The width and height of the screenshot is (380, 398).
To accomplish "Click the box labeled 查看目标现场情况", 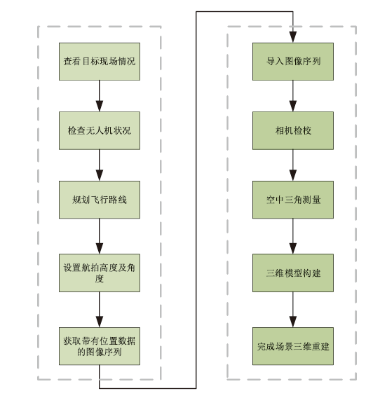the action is coord(100,62).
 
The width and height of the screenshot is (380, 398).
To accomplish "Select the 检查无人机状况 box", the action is coord(100,130).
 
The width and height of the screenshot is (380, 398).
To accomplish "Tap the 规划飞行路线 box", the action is coord(100,200).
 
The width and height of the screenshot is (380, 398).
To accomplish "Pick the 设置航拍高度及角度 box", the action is coord(100,273).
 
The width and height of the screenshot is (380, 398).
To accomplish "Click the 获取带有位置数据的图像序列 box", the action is coord(100,346).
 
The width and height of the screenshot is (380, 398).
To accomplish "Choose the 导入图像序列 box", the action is coord(293,62).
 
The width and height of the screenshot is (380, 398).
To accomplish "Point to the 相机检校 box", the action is coord(293,130).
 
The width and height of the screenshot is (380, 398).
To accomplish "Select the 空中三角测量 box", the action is coord(293,200).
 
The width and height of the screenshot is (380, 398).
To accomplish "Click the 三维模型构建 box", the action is coord(293,273).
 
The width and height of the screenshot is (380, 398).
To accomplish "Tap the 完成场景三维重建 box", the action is coord(293,346).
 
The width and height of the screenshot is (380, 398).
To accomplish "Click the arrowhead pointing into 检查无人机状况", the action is coord(100,106).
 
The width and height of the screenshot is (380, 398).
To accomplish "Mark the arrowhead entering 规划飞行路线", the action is coord(100,175).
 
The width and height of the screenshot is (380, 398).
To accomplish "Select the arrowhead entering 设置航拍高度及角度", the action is coord(100,249).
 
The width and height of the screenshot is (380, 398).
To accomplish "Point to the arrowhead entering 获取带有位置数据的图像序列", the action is coord(100,322).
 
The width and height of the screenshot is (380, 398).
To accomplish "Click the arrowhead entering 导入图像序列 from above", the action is coord(293,37).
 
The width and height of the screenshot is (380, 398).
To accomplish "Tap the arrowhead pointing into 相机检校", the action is coord(293,106).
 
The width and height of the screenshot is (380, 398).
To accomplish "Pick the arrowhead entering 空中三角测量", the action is coord(293,175).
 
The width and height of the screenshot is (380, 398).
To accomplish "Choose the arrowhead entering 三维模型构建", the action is coord(293,249).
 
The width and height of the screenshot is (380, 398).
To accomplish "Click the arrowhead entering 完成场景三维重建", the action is coord(293,322).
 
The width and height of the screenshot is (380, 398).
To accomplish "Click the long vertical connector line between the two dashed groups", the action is coord(196,200).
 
